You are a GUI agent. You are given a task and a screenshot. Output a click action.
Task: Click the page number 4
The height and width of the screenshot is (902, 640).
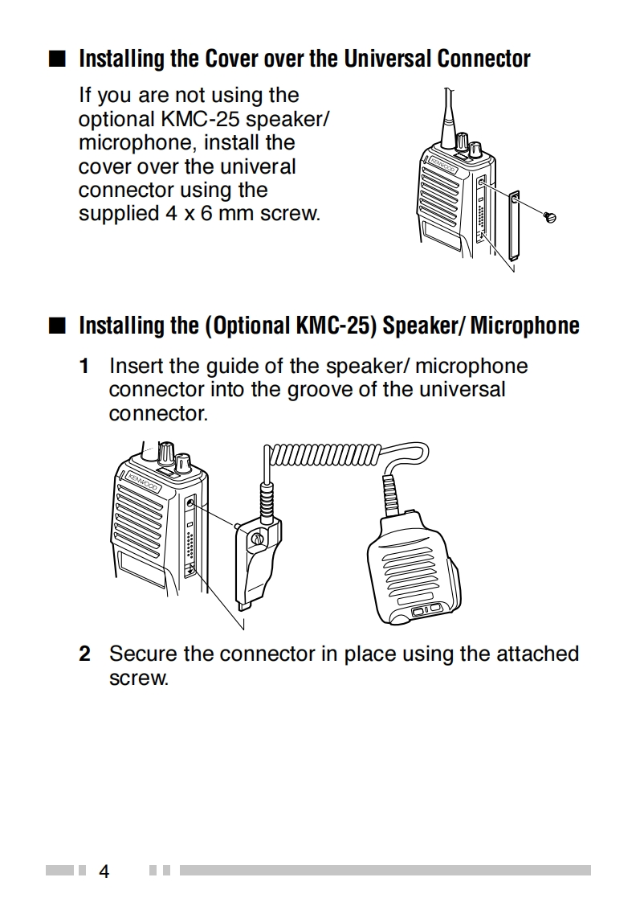[x=104, y=871]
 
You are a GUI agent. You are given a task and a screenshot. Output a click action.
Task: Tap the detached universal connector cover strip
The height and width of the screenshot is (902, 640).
[x=513, y=224]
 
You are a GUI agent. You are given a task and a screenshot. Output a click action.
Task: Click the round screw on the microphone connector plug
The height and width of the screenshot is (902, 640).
[x=255, y=539]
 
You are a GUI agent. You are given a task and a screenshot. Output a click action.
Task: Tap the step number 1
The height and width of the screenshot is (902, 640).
[x=84, y=367]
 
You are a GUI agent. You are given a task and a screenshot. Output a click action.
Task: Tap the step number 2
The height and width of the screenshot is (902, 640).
[x=84, y=654]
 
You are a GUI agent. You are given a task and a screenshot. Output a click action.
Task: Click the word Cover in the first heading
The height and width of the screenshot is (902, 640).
[x=231, y=59]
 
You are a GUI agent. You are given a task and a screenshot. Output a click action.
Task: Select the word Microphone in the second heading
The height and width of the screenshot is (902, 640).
[x=524, y=326]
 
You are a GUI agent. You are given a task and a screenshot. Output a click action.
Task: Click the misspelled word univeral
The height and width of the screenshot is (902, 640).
[x=256, y=166]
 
